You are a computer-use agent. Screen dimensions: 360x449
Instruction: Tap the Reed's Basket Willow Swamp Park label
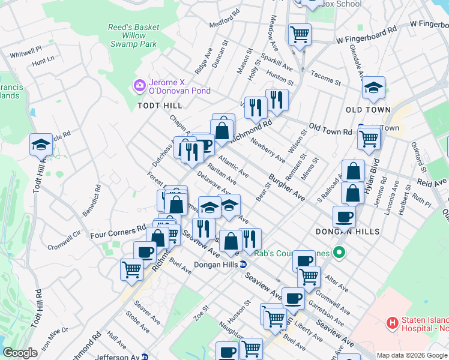[133, 35]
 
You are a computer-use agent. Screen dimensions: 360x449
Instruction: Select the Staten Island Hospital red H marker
[393, 323]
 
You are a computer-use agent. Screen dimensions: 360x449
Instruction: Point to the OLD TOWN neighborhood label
[368, 110]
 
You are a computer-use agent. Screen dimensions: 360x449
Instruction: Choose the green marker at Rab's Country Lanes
[339, 253]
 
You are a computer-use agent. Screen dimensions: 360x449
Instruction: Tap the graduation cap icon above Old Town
[373, 88]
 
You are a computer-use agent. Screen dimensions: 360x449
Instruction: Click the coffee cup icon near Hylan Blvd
[344, 216]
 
